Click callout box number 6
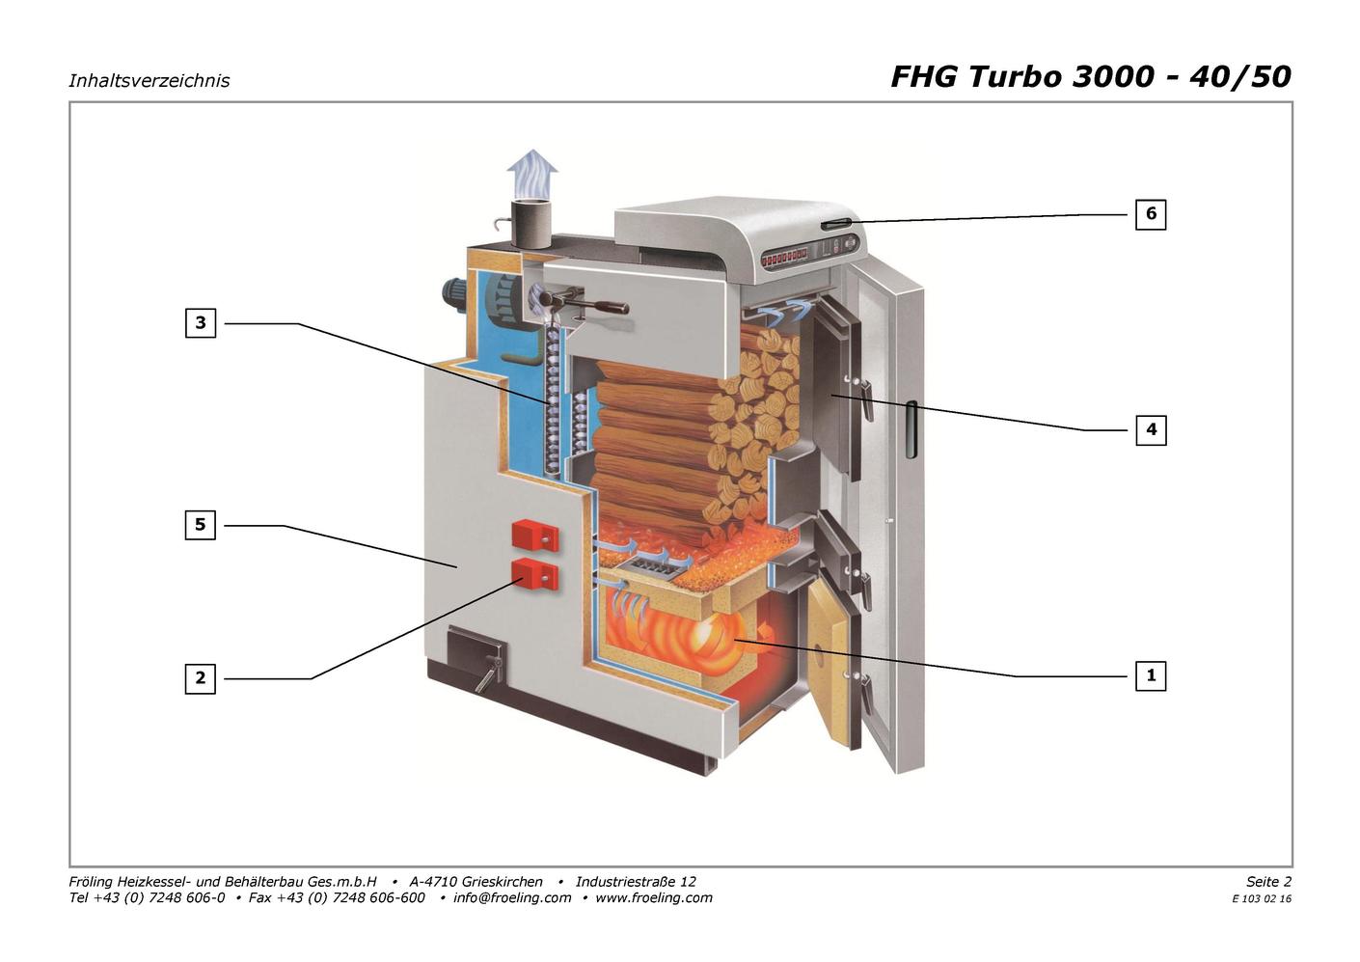(1151, 214)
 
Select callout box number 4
(1151, 430)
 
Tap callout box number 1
(1151, 675)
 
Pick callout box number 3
(201, 322)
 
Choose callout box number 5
(201, 525)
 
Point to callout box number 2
(201, 677)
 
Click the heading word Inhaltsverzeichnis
(149, 81)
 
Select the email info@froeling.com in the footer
(512, 897)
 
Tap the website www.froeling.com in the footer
(654, 897)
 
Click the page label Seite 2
(1269, 881)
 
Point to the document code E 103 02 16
(1262, 899)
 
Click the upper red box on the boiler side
(535, 536)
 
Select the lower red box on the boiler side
(535, 574)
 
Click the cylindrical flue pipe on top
(530, 224)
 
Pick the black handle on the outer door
(911, 429)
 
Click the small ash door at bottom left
(475, 655)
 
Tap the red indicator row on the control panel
(785, 259)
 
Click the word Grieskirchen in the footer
(503, 881)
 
